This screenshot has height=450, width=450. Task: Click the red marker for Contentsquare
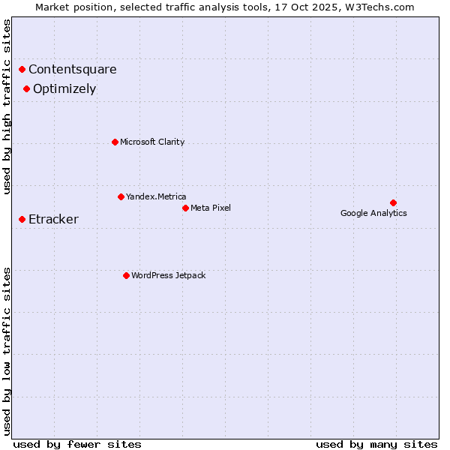[22, 69]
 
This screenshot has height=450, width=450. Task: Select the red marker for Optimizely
[27, 88]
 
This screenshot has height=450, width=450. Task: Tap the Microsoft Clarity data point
[115, 142]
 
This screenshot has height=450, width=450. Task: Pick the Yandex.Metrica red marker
[121, 196]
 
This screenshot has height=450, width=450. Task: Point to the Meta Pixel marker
[185, 208]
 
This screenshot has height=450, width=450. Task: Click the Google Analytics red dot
[393, 202]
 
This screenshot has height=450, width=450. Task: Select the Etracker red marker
[22, 219]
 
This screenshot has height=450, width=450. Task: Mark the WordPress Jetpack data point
[126, 275]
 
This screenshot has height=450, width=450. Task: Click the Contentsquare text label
[73, 70]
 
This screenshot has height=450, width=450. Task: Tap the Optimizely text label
[64, 89]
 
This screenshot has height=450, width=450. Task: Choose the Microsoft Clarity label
[152, 142]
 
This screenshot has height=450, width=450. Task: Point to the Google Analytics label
[373, 213]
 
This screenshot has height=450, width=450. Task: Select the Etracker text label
[53, 220]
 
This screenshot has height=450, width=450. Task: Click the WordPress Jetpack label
[168, 275]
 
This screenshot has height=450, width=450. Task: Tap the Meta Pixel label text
[211, 208]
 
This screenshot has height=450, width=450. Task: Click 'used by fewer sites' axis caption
[77, 444]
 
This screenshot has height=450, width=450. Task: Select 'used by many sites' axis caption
[376, 444]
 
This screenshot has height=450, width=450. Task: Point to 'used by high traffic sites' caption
[7, 106]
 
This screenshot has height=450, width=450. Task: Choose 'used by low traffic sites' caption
[7, 350]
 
